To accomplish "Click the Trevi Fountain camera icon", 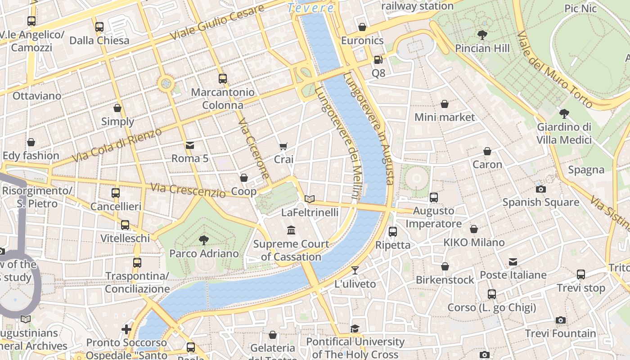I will click(560, 320).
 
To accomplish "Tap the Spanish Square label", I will click(540, 202).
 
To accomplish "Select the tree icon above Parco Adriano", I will click(204, 240).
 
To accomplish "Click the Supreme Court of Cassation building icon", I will click(291, 230).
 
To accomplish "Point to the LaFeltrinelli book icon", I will click(310, 199).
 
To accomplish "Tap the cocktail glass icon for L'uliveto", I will click(355, 270).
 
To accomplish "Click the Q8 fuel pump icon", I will click(378, 59).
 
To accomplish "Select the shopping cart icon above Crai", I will click(283, 146).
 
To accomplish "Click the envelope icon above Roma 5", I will click(190, 145).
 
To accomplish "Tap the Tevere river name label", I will click(310, 8).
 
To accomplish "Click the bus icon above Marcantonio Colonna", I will click(222, 79).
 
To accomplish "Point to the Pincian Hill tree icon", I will click(482, 35).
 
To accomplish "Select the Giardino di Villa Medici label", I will click(564, 134).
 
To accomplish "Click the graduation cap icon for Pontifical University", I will click(355, 328).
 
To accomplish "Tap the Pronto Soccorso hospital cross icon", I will click(126, 329).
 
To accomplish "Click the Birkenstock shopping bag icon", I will click(445, 266).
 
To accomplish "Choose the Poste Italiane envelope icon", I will click(513, 262).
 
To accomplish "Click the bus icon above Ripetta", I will click(392, 231).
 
